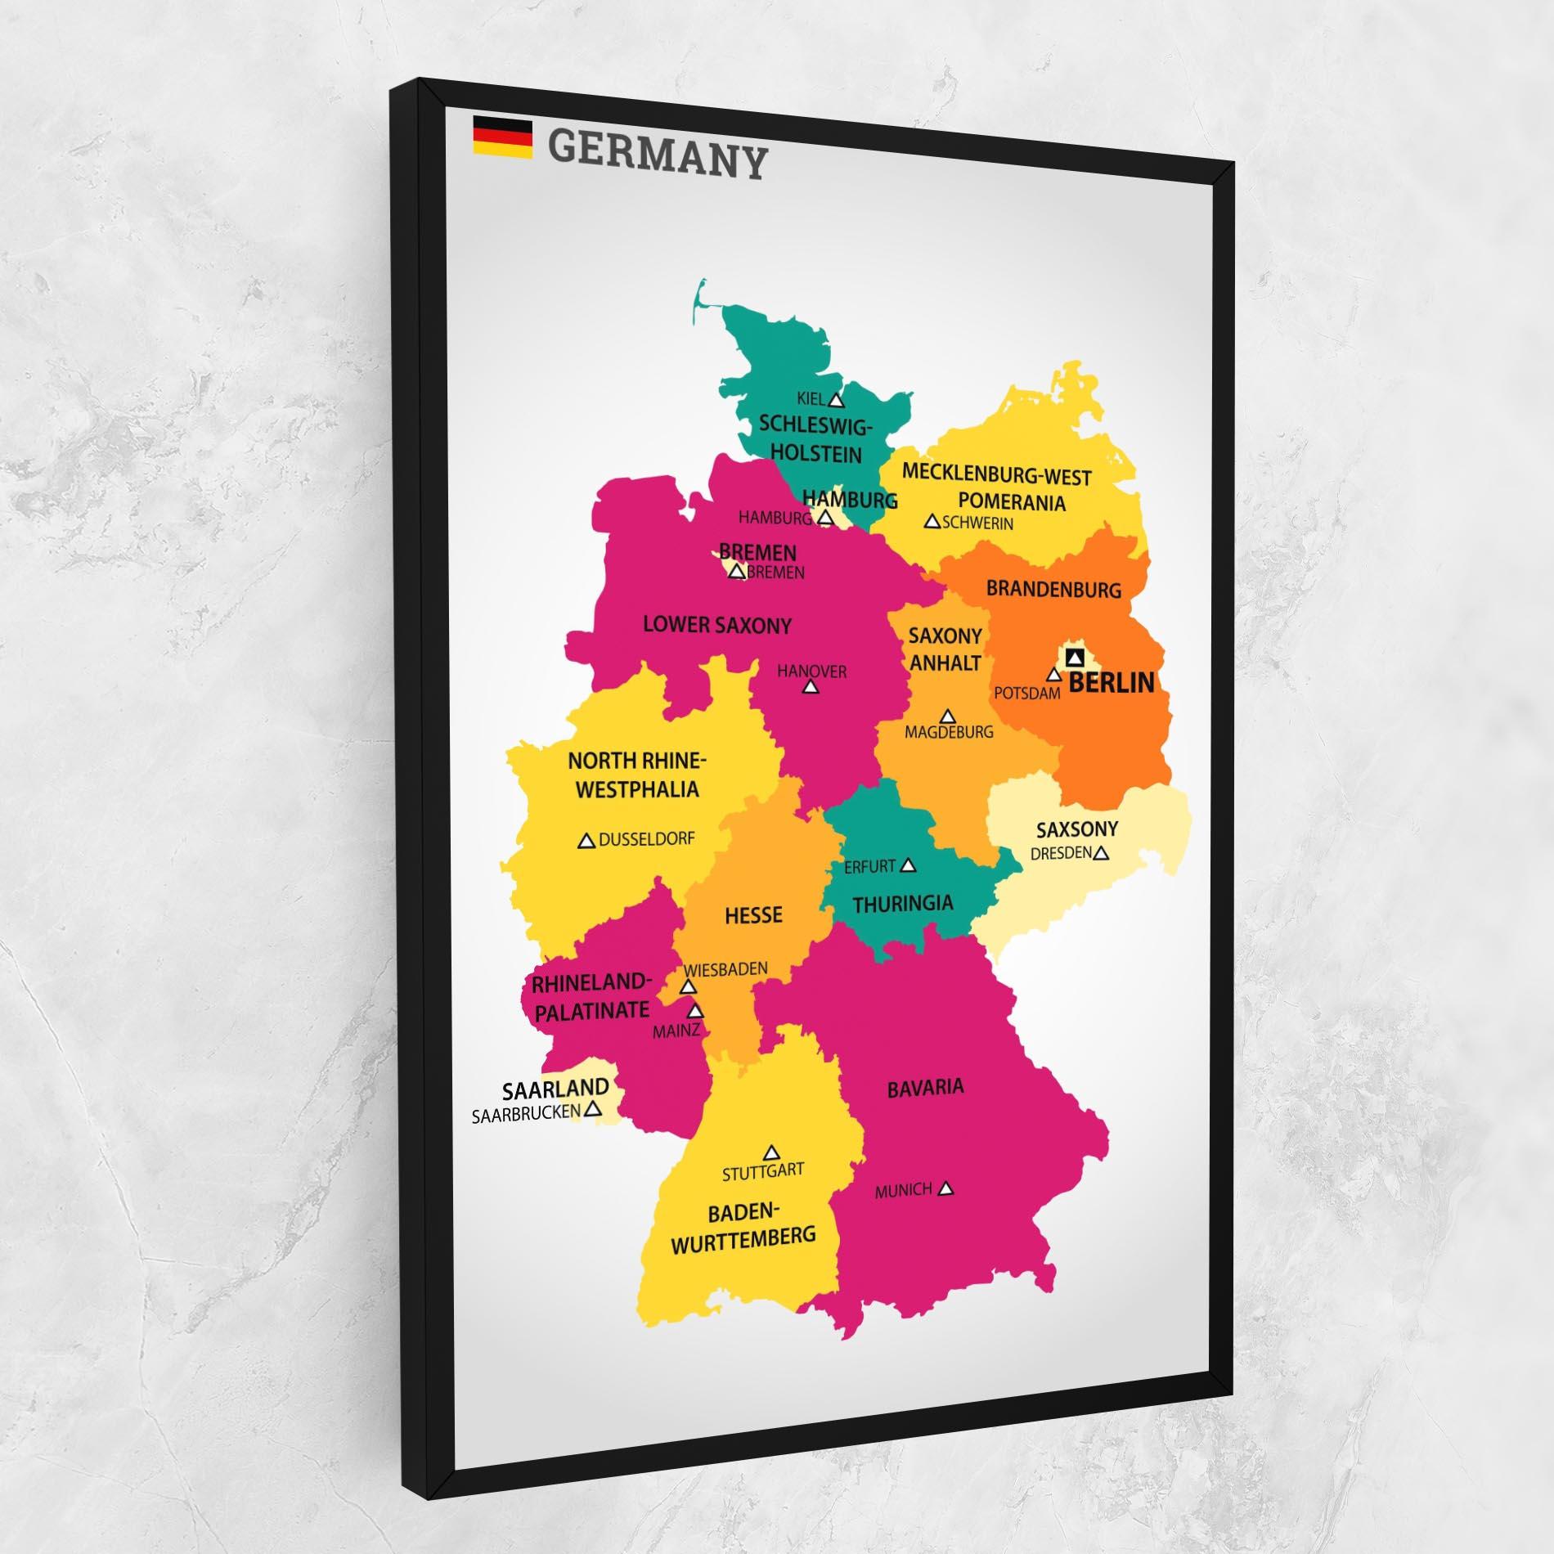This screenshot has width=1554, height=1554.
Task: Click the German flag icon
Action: pos(502,137)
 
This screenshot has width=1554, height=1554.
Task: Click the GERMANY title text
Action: pos(658,154)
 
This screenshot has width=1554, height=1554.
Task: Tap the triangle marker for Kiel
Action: pos(835,400)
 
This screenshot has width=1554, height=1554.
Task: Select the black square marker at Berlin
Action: pos(1075,657)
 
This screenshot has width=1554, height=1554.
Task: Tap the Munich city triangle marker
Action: pos(946,1188)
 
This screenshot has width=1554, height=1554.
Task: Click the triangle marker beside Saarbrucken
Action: pos(594,1109)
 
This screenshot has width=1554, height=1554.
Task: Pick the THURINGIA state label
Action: pos(903,904)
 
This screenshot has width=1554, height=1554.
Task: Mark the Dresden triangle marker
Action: pos(1101,853)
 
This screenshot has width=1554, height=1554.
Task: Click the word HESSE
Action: pos(753,914)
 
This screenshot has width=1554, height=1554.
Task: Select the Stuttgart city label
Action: pos(762,1171)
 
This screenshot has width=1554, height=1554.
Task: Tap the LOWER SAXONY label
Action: pos(717,626)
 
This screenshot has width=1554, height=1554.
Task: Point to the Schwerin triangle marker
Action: pos(932,521)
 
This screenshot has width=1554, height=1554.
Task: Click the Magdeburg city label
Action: pos(949,733)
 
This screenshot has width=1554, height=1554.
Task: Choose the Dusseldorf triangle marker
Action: pos(586,841)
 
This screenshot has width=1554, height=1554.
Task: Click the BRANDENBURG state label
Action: pos(1053,589)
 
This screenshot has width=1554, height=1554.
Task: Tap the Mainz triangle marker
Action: pos(695,1011)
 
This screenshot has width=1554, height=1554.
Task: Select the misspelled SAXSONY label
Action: pos(1076,829)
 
